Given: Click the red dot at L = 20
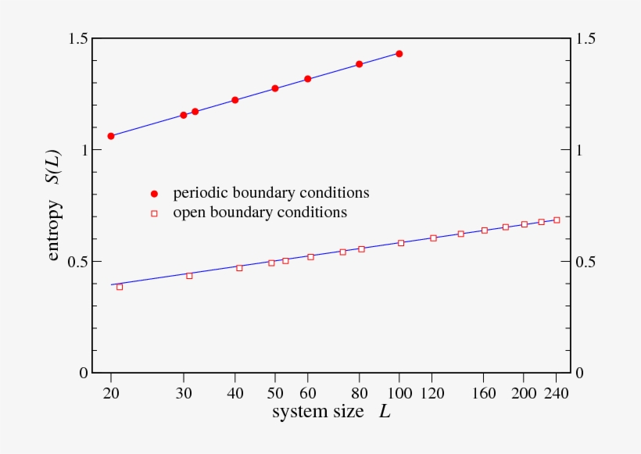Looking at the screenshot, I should [x=111, y=136].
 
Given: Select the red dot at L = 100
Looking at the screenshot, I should [x=399, y=54].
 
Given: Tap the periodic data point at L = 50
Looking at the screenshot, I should [x=275, y=88].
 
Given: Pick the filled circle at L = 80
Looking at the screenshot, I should [x=360, y=64].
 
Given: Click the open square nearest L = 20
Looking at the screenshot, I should [x=120, y=287].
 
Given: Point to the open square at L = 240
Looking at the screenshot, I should [x=557, y=220].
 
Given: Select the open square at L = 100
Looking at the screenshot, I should [x=401, y=243].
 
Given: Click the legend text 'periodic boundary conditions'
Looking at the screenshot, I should [x=271, y=192].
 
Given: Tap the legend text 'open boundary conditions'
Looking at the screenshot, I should [x=260, y=212].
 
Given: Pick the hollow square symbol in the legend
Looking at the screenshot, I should [x=154, y=213].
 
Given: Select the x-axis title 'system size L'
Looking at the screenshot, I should [x=331, y=411].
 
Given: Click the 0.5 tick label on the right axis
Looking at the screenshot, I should [x=585, y=262].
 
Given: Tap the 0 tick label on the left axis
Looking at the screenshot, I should [x=82, y=374].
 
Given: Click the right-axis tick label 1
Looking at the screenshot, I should [x=580, y=150].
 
